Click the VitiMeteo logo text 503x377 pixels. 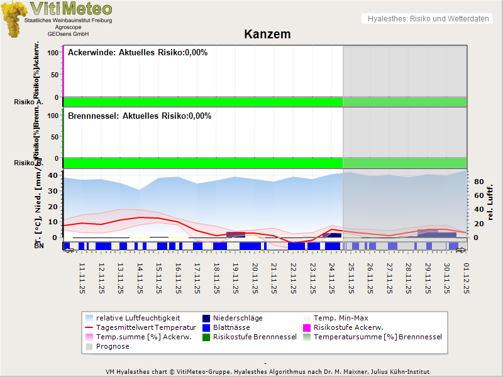point(71,9)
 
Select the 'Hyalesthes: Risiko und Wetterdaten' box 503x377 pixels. point(427,19)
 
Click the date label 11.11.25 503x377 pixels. point(82,278)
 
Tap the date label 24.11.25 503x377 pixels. point(331,278)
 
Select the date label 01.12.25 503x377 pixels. point(465,278)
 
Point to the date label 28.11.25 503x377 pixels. point(408,278)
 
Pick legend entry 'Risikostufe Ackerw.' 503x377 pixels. point(348,327)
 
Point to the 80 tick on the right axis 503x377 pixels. point(478,182)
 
